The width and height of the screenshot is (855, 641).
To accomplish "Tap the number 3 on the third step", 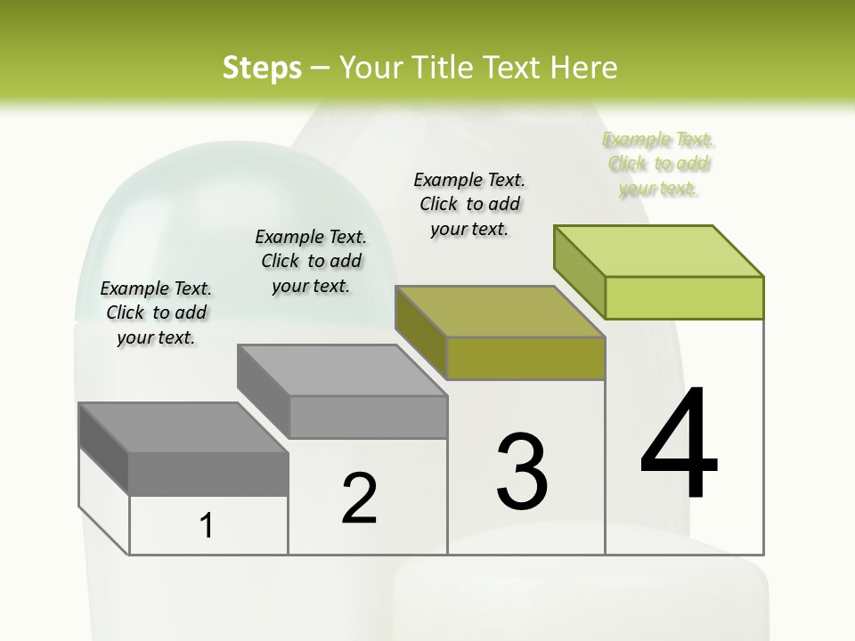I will [x=522, y=471].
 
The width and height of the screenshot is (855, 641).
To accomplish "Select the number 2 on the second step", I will [x=360, y=498].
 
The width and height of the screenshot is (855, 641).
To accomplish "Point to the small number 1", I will [x=207, y=526].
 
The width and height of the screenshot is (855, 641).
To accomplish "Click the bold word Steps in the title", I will [x=262, y=68].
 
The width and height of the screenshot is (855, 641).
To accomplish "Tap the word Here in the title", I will [x=585, y=68].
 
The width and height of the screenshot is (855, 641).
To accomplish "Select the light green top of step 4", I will [x=659, y=250].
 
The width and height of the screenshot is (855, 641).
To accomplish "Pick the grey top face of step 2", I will [x=343, y=369].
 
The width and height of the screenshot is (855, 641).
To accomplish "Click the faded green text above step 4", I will [x=658, y=164].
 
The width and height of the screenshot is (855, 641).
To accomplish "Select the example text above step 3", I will [x=469, y=204].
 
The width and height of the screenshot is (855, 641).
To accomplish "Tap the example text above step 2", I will [x=311, y=261].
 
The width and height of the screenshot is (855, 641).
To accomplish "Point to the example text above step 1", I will [x=156, y=312].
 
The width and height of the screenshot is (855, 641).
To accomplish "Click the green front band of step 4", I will [x=684, y=297].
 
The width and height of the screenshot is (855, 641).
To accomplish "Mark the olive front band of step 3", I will [x=525, y=358].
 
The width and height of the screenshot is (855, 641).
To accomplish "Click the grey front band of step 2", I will [x=368, y=417].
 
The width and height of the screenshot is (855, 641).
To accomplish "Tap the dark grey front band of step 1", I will [x=208, y=474].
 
